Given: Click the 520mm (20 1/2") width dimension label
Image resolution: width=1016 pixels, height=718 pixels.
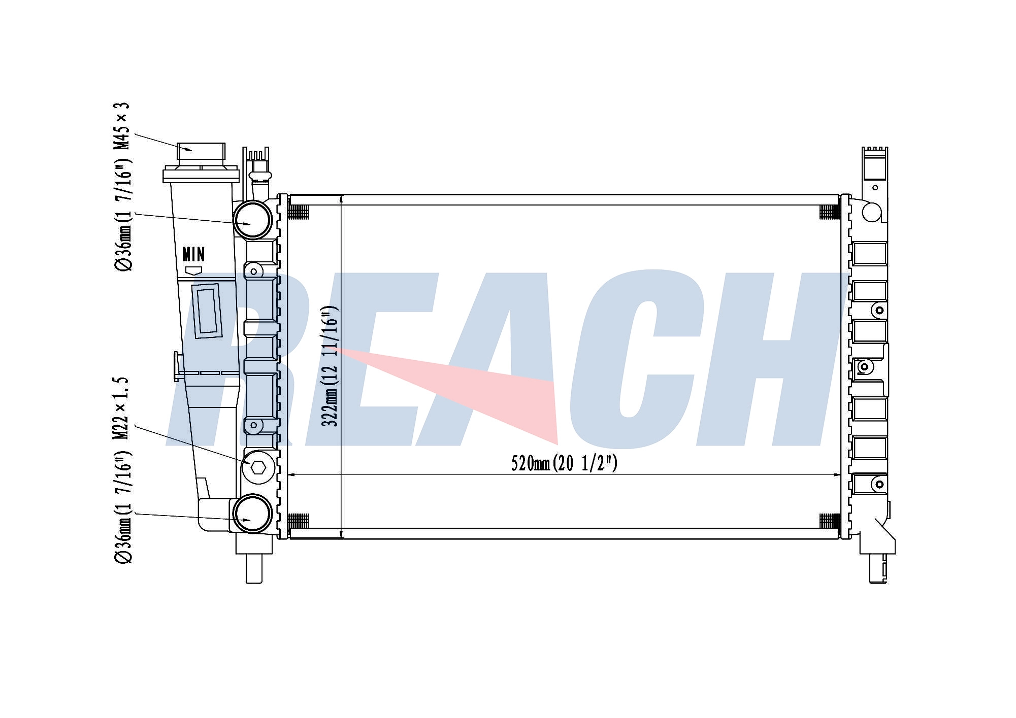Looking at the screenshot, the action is (x=564, y=463).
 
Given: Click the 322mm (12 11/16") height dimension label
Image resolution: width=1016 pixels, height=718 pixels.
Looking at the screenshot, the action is (x=331, y=366).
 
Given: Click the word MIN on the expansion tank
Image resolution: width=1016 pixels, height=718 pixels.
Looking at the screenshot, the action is (x=193, y=254).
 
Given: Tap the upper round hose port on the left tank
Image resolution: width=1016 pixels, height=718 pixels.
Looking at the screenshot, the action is (x=253, y=220).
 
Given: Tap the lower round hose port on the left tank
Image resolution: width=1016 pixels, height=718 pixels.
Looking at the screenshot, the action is (x=252, y=514).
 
